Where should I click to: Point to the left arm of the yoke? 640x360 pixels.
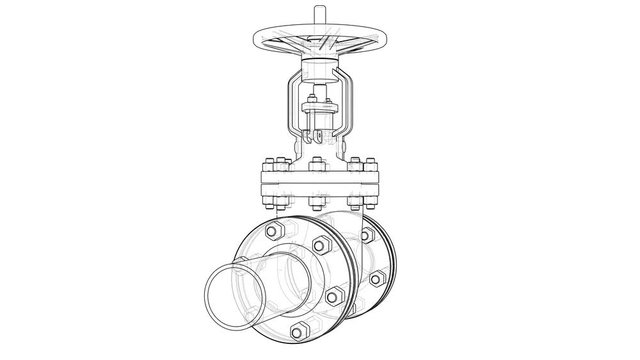[x=289, y=106]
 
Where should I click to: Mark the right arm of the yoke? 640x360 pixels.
[x=351, y=106]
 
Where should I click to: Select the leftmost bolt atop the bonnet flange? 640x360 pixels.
[x=268, y=164]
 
